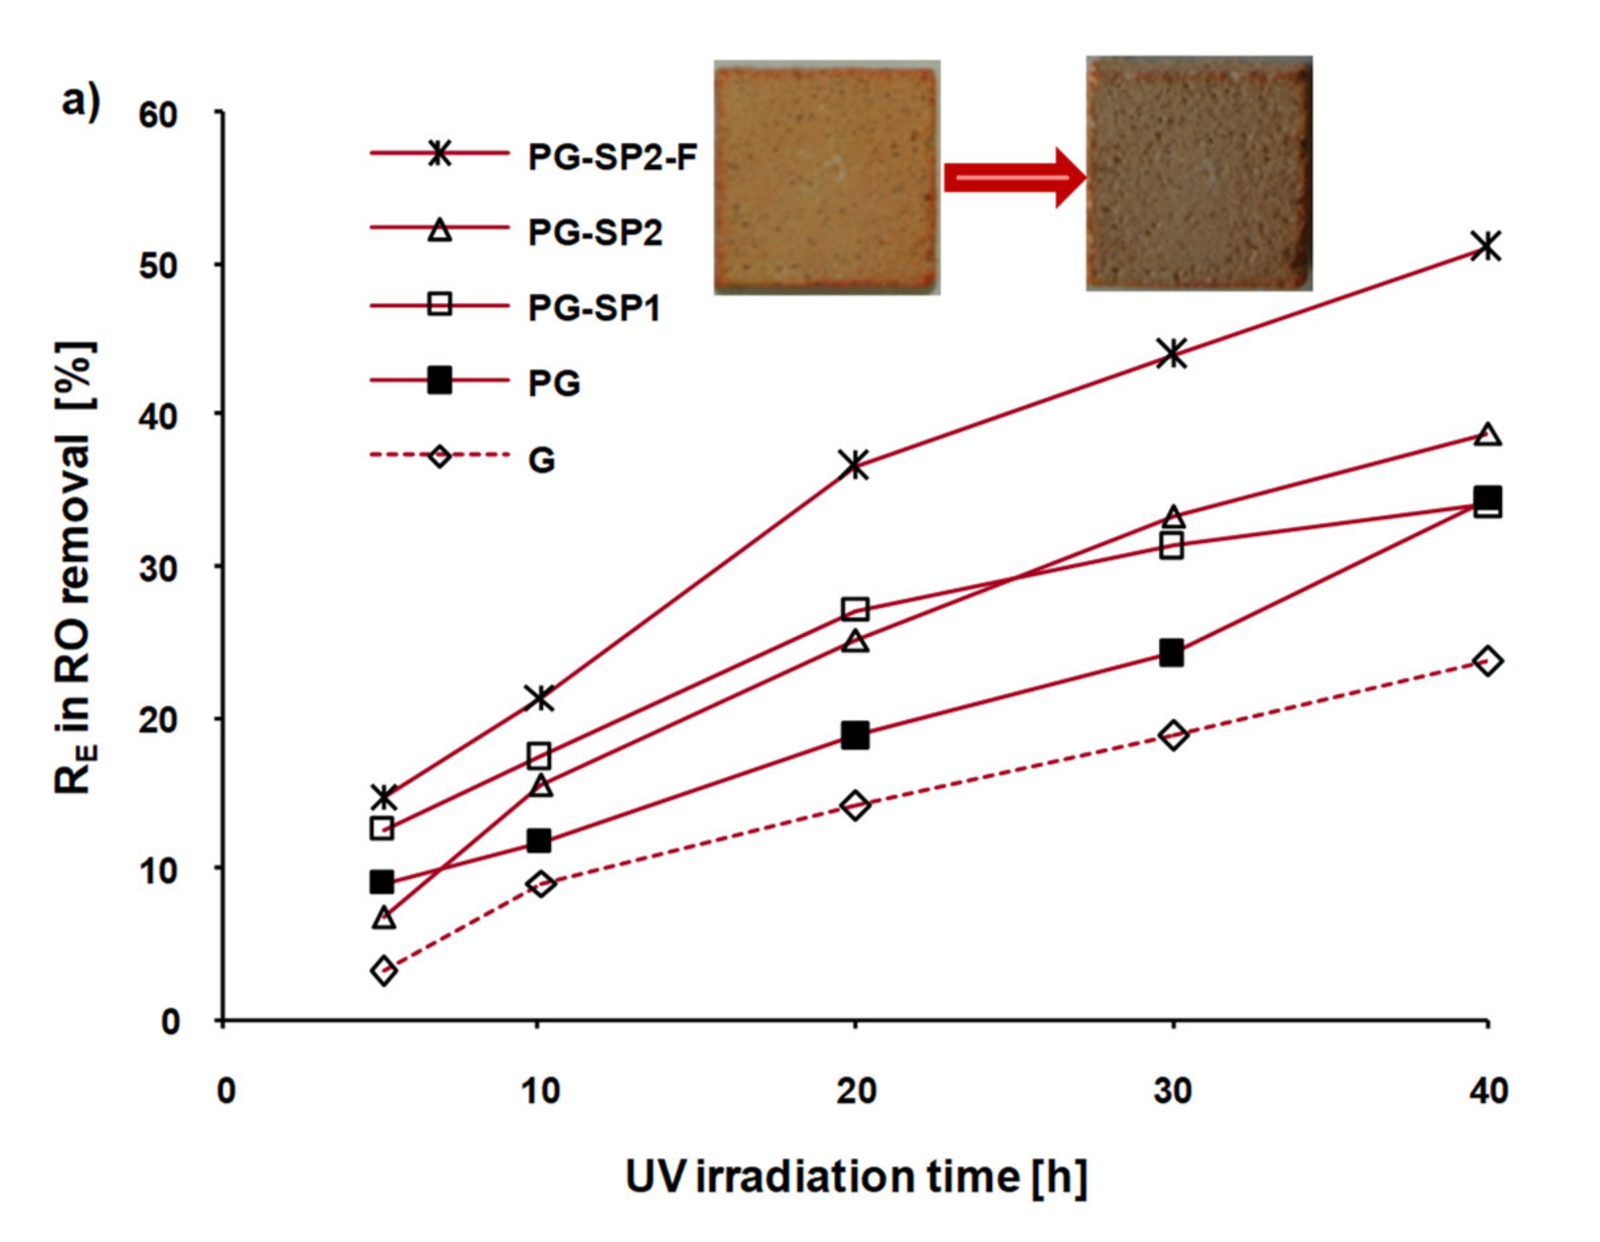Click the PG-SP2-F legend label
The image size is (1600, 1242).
coord(612,157)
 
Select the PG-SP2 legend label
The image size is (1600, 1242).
coord(595,233)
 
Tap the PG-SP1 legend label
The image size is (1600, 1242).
coord(594,309)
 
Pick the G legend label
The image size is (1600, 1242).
coord(542,460)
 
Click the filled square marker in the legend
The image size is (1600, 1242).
coord(440,381)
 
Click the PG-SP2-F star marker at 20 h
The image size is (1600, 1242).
coord(855,465)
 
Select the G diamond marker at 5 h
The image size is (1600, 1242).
coord(384,972)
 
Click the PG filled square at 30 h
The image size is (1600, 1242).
coord(1172,653)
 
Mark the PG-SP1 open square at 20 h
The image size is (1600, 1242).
coord(855,608)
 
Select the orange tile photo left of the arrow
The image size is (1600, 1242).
coord(826,177)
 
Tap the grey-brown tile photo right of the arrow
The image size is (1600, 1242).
coord(1199,174)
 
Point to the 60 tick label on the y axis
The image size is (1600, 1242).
coord(158,115)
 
